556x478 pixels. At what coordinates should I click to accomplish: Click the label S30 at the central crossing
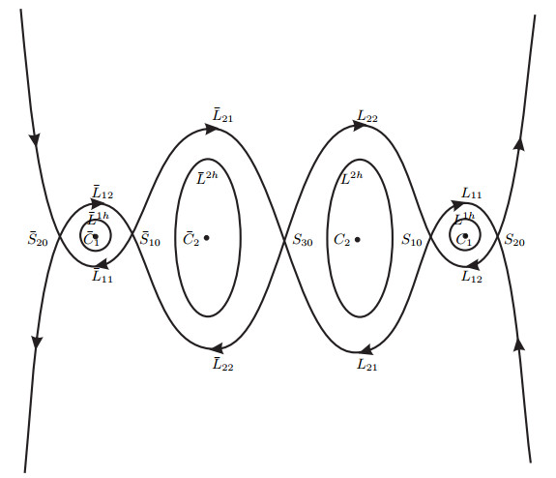[x=303, y=241]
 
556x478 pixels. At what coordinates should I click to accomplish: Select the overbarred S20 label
[x=38, y=239]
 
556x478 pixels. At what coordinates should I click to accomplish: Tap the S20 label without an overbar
[x=514, y=240]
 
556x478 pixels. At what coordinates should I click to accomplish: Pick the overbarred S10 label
[x=150, y=239]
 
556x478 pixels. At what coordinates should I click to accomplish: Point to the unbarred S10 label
[x=412, y=240]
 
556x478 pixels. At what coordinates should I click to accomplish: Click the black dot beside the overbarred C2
[x=206, y=238]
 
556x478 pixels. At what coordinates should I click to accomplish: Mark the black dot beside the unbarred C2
[x=358, y=240]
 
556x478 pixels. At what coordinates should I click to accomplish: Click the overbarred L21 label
[x=222, y=116]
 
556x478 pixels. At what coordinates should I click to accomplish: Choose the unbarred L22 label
[x=367, y=116]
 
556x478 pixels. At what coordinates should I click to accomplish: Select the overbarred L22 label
[x=223, y=365]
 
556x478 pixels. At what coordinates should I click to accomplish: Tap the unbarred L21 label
[x=367, y=365]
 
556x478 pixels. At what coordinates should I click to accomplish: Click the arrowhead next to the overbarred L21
[x=210, y=129]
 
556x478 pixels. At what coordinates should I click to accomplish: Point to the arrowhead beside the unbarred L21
[x=366, y=349]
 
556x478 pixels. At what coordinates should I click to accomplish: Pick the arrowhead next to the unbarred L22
[x=359, y=126]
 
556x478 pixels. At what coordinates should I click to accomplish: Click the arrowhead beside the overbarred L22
[x=217, y=348]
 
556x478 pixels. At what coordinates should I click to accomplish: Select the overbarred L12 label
[x=102, y=193]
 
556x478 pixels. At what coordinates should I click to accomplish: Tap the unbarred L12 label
[x=472, y=277]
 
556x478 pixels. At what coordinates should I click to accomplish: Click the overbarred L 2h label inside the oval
[x=207, y=177]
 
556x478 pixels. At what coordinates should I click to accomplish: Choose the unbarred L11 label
[x=471, y=194]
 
